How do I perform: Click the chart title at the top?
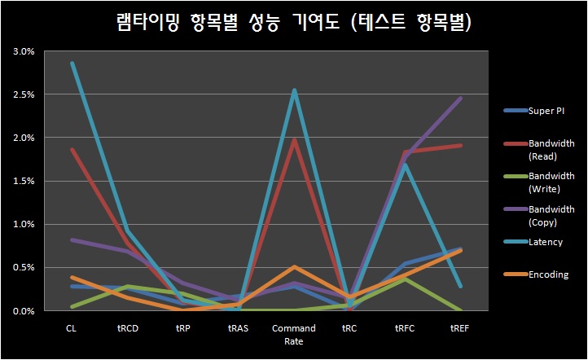click(x=293, y=23)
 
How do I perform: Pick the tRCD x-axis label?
click(x=126, y=327)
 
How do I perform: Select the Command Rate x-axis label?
click(x=294, y=334)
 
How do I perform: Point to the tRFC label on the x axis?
click(x=405, y=327)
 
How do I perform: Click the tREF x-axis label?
click(x=460, y=327)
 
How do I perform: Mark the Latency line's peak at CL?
click(x=72, y=63)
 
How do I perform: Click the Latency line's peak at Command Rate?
click(x=294, y=90)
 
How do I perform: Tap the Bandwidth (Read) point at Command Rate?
click(x=294, y=140)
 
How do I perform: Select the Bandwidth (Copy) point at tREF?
click(x=461, y=99)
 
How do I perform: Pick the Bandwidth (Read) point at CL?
click(x=72, y=150)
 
